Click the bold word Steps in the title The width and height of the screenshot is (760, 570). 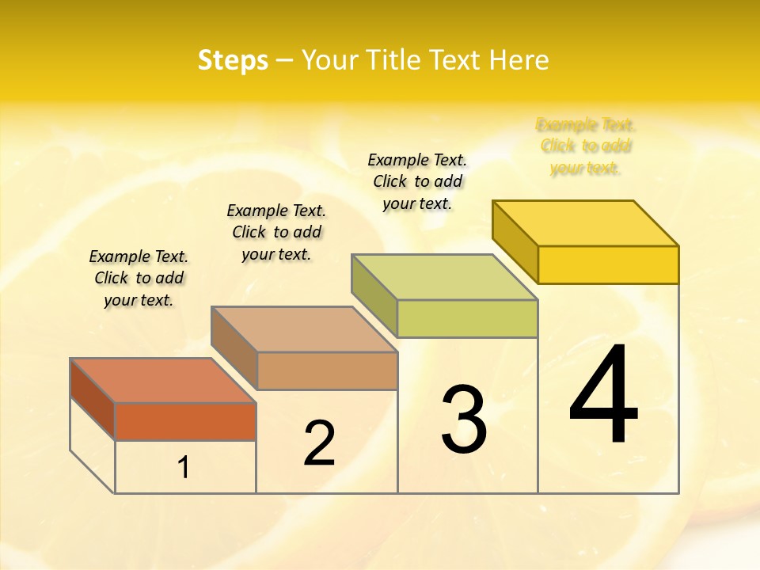click(233, 60)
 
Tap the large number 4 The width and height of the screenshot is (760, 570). click(603, 395)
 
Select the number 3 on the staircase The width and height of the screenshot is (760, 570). click(464, 420)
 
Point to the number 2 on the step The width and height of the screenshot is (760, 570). click(319, 443)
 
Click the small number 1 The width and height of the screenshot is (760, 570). click(184, 468)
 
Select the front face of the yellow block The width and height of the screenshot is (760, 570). click(608, 264)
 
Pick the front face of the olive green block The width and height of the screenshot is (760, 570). click(467, 318)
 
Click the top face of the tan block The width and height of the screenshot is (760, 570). click(304, 329)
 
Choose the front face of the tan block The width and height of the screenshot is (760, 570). click(327, 370)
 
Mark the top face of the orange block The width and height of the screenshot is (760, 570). click(163, 381)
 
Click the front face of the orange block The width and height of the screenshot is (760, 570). click(185, 421)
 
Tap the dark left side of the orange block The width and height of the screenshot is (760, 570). click(93, 399)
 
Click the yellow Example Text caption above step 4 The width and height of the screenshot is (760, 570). click(586, 146)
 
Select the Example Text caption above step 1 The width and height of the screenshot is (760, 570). click(139, 278)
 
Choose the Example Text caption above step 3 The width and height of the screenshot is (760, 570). click(417, 181)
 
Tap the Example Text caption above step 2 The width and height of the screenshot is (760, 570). click(276, 232)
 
